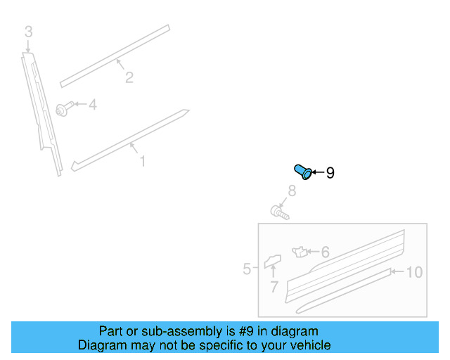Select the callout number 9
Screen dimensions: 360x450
point(330,172)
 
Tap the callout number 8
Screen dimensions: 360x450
point(290,191)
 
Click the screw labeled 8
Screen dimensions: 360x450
point(279,210)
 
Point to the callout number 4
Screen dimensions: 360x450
point(92,105)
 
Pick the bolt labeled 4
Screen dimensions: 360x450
point(63,109)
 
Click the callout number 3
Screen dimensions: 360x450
point(28,32)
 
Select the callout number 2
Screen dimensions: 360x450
point(129,77)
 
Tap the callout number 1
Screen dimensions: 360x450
point(142,162)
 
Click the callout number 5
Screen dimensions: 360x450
point(247,269)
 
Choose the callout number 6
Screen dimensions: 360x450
point(325,252)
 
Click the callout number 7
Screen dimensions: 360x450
point(274,287)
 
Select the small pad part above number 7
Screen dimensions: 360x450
point(272,262)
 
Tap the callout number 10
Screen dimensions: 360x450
point(414,271)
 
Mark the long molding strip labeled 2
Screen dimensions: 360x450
point(116,56)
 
